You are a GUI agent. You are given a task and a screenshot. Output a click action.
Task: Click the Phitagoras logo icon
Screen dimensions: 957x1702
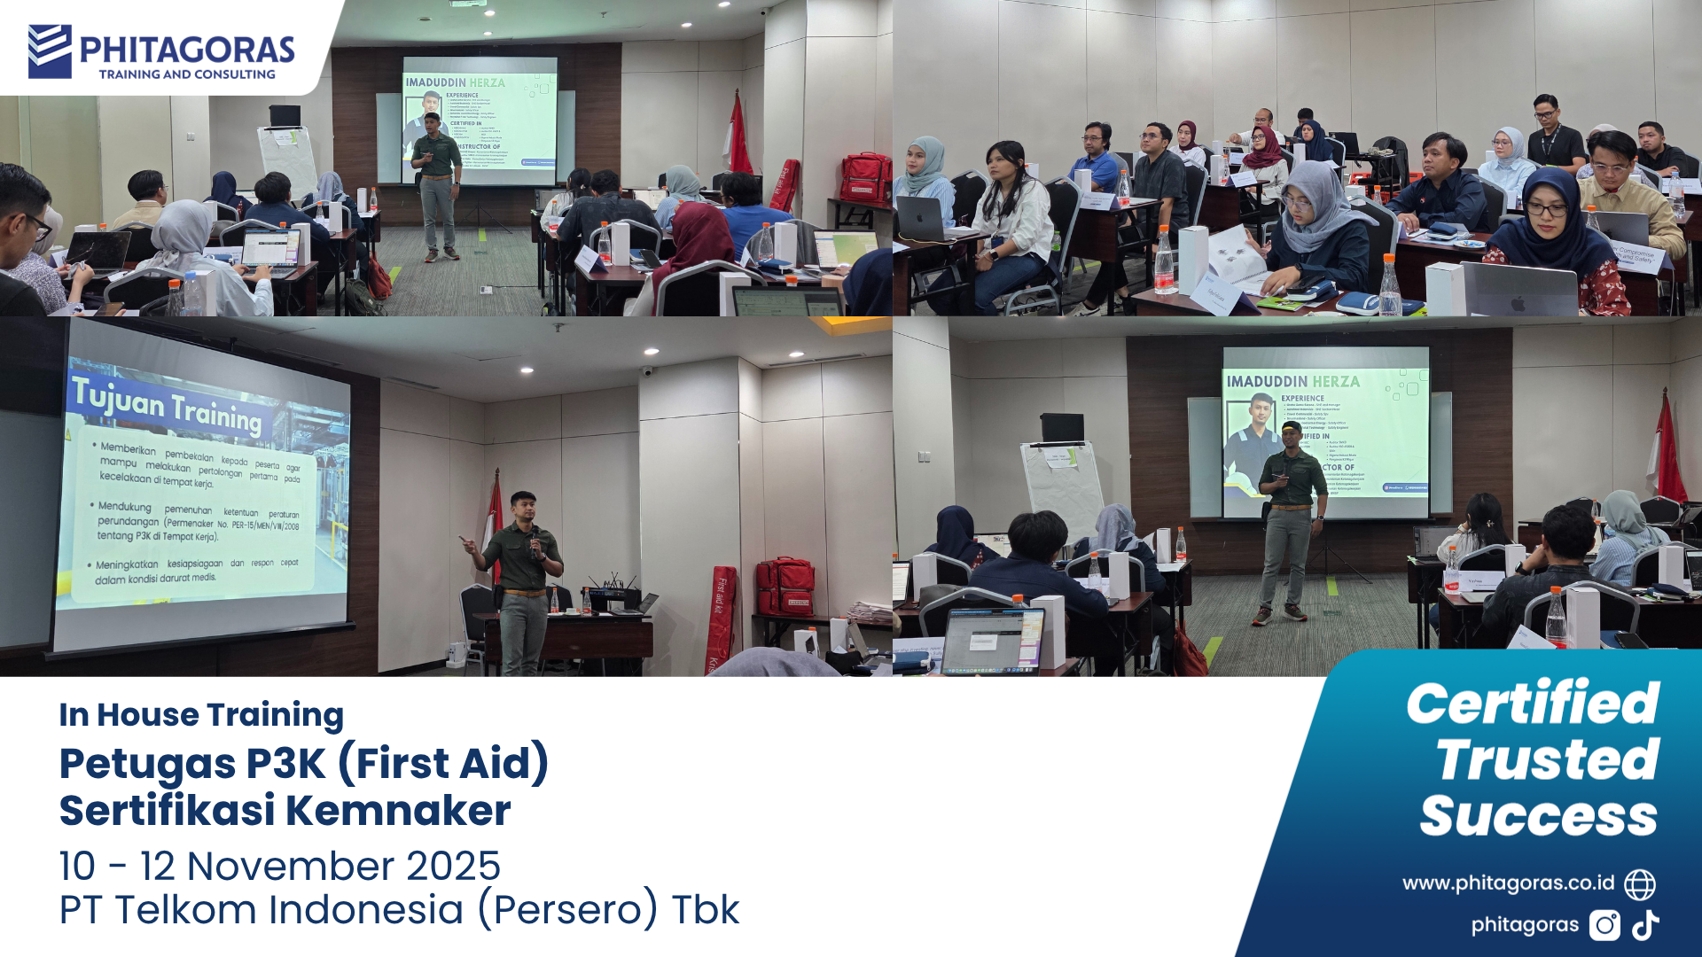(50, 51)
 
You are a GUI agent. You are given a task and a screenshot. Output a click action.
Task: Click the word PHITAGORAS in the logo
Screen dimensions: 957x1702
(187, 50)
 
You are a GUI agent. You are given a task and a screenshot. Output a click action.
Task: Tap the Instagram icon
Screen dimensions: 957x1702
(1604, 925)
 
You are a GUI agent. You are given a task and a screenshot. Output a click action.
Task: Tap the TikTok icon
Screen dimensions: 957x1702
(1646, 925)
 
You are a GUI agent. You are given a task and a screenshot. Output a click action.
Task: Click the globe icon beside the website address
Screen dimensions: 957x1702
(1639, 883)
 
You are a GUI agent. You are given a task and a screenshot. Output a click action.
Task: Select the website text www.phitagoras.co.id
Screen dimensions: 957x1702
(1508, 883)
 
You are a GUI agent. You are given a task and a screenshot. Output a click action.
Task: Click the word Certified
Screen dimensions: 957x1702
(1532, 704)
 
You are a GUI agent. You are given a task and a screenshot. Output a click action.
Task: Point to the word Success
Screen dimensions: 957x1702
(1538, 816)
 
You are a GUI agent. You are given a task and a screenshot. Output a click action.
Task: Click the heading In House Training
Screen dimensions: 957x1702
(201, 714)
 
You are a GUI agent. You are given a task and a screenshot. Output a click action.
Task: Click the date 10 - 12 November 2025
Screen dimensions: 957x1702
(279, 866)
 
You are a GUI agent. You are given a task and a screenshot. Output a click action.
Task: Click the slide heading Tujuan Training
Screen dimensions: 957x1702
(167, 406)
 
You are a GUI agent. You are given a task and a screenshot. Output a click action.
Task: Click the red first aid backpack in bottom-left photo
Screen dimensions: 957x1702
(784, 587)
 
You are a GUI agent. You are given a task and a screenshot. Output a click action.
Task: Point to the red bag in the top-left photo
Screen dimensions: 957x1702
(865, 179)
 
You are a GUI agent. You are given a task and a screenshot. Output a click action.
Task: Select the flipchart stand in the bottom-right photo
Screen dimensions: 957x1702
(1062, 483)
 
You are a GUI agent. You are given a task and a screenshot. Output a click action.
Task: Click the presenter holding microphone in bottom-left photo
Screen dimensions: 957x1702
(521, 576)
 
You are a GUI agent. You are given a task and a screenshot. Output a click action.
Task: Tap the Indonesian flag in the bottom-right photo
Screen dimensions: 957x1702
(1667, 452)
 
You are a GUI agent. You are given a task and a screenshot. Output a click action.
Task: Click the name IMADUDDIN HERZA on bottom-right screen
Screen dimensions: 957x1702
(1292, 382)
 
